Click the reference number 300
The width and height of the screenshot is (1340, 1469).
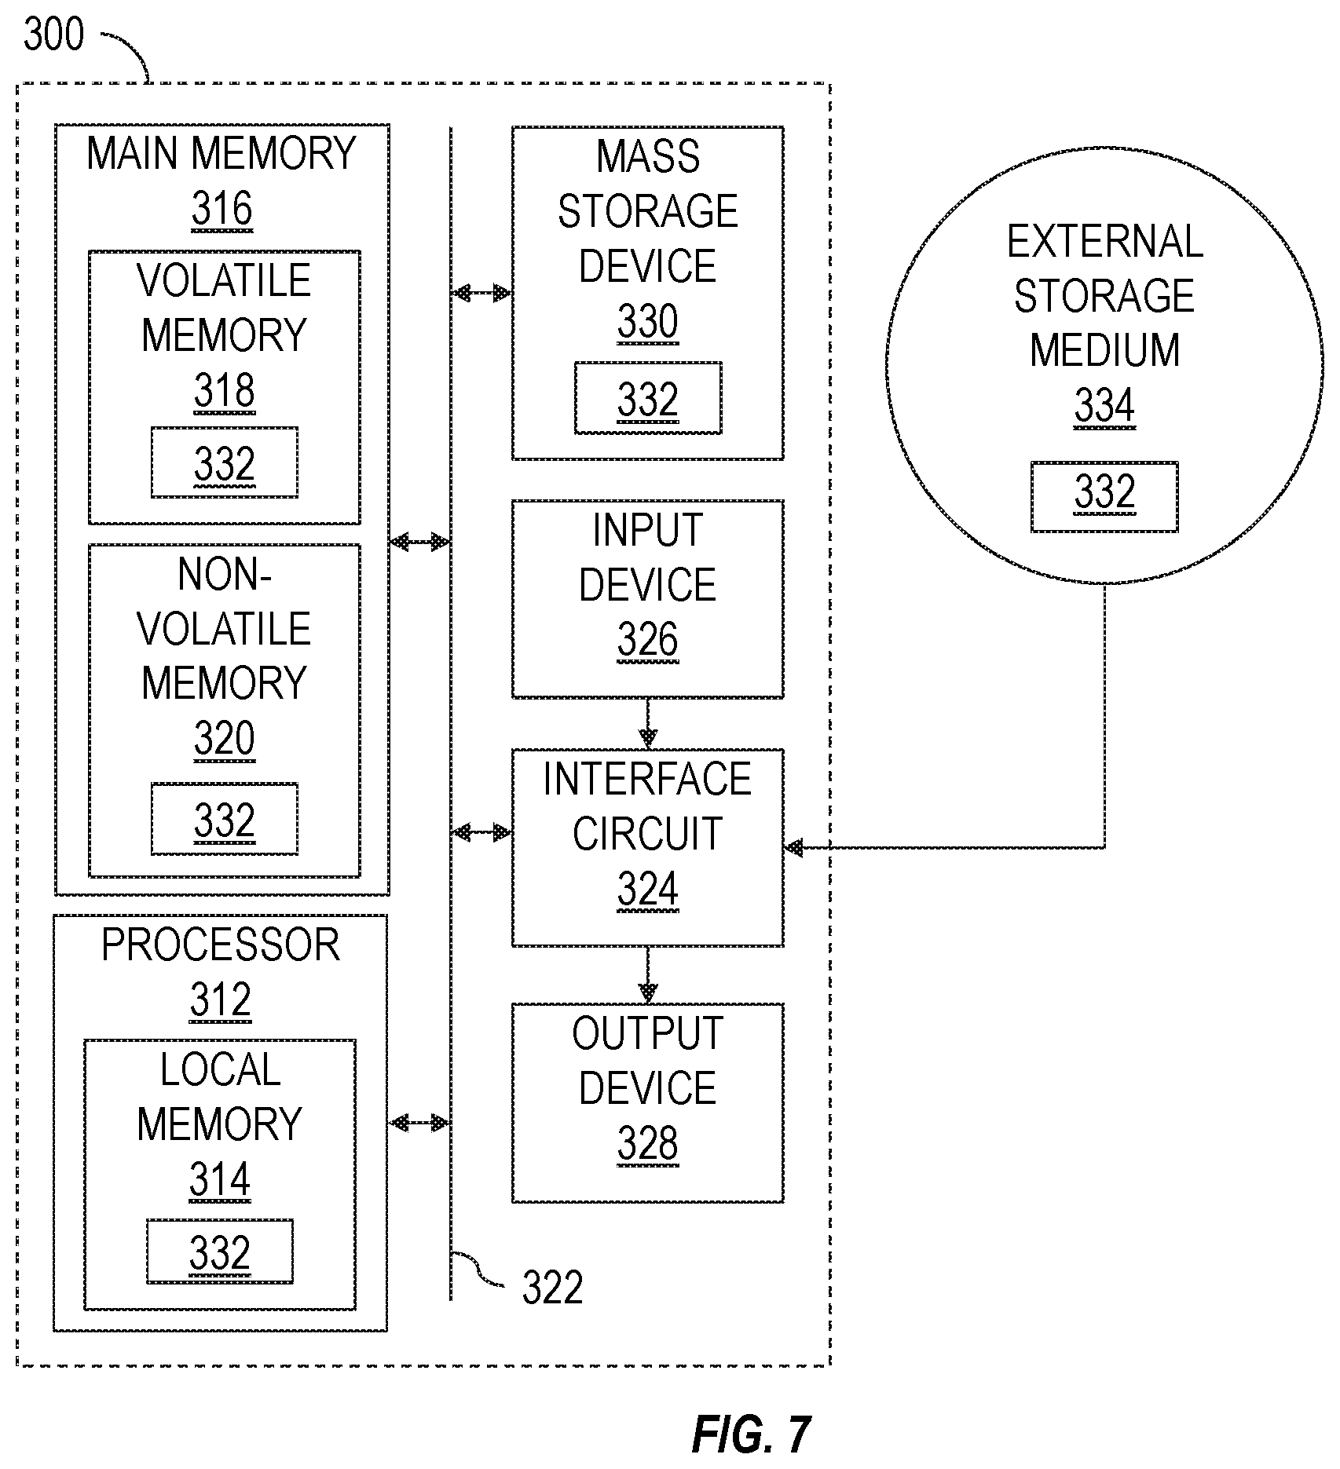(53, 35)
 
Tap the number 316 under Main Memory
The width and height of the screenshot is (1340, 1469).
(222, 210)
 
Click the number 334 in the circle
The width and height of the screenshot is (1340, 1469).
(1104, 407)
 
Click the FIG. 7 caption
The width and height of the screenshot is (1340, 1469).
(751, 1434)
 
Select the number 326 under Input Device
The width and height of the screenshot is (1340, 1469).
(648, 640)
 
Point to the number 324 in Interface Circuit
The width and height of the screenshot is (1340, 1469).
(648, 890)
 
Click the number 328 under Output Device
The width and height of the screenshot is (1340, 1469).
(648, 1143)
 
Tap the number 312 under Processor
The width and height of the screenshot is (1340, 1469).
(221, 1000)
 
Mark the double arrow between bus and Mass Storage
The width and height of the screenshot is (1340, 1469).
(481, 294)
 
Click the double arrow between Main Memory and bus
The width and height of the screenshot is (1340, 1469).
(420, 541)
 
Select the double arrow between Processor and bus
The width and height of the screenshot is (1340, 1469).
(420, 1123)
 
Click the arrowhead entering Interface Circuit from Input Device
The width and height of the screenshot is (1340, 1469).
(648, 740)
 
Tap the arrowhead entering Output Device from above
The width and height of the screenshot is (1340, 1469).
(648, 994)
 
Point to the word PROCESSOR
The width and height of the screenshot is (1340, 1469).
(221, 945)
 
